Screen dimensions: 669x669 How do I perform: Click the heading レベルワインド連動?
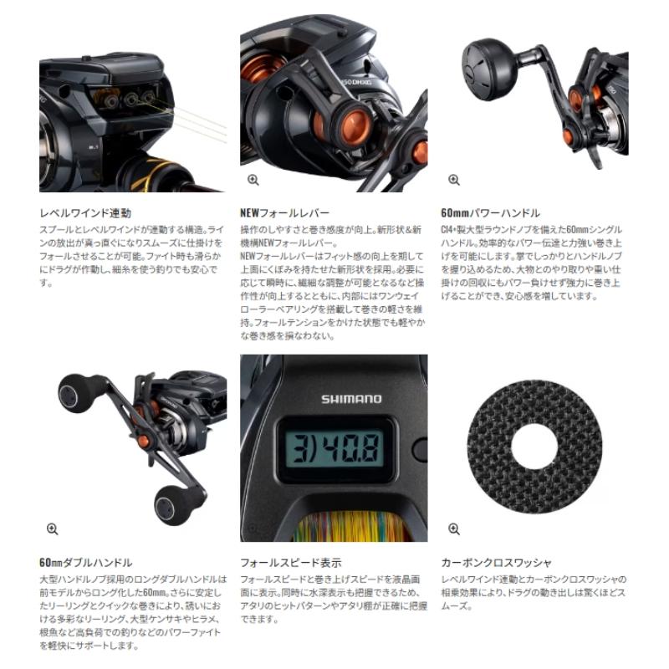pyautogui.click(x=84, y=213)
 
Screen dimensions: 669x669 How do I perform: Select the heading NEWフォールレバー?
pyautogui.click(x=284, y=213)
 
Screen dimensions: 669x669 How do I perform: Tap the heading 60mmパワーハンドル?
pyautogui.click(x=489, y=213)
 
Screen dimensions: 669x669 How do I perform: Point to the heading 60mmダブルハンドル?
pyautogui.click(x=85, y=563)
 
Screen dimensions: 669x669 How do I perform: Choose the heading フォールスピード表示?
pyautogui.click(x=290, y=563)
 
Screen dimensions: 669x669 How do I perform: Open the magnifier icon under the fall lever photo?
pyautogui.click(x=253, y=180)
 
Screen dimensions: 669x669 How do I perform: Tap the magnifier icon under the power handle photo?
pyautogui.click(x=454, y=180)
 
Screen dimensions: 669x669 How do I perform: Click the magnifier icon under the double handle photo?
pyautogui.click(x=53, y=529)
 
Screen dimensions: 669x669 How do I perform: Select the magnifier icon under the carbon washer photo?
pyautogui.click(x=454, y=529)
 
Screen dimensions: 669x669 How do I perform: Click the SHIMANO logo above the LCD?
pyautogui.click(x=351, y=399)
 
